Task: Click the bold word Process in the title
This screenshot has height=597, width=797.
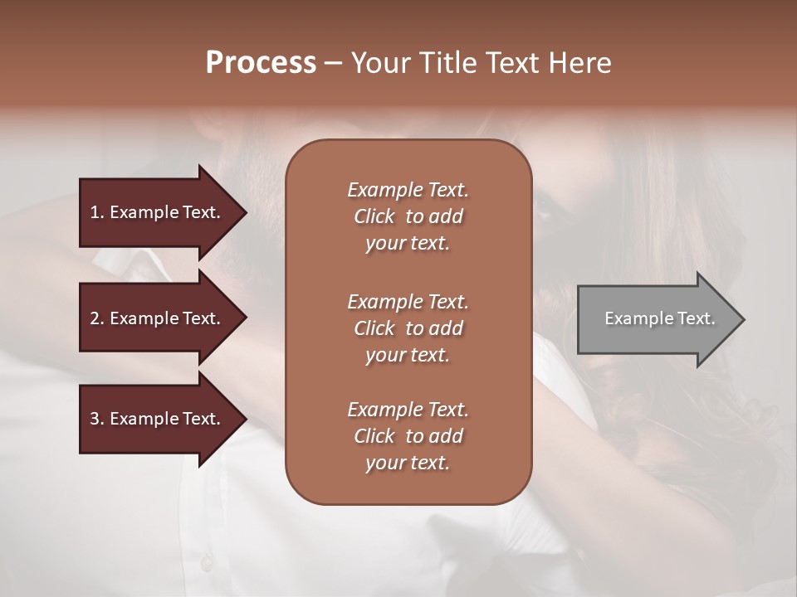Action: pos(261,63)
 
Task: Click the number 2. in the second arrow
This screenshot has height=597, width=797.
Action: pos(97,318)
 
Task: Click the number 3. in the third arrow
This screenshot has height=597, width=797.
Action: pos(97,419)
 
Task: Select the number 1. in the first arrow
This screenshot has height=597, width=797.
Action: pos(97,212)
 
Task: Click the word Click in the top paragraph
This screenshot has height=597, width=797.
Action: pos(374,217)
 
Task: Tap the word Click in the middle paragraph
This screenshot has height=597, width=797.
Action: pos(374,329)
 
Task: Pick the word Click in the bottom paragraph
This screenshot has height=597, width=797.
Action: pos(374,437)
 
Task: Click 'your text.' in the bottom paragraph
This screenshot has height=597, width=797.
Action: pos(408,464)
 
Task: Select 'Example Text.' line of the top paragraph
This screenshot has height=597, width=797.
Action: pos(408,190)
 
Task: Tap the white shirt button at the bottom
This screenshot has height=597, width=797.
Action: pos(206,564)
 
